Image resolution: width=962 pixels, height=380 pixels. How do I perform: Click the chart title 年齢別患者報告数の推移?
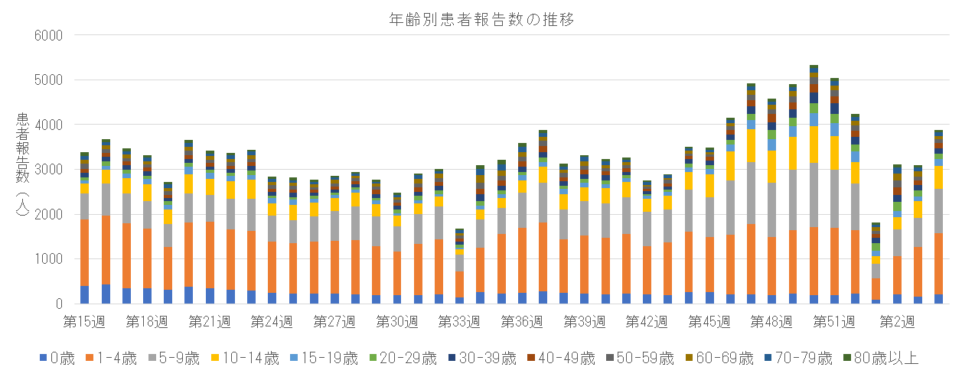tap(481, 20)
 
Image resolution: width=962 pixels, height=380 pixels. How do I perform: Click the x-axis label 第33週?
tap(458, 322)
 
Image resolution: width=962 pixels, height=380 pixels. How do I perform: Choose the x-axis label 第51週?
tap(833, 322)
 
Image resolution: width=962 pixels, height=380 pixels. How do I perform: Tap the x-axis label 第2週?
tap(896, 322)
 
